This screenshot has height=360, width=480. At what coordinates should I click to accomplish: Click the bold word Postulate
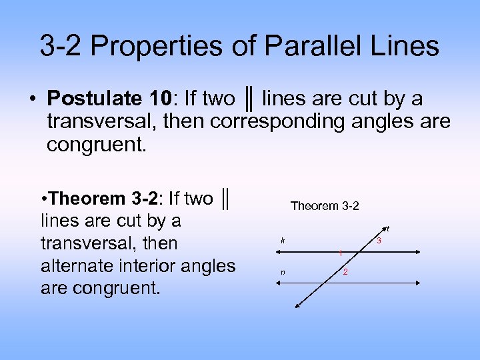pos(93,99)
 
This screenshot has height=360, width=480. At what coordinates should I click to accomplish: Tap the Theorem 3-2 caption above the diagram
pos(325,206)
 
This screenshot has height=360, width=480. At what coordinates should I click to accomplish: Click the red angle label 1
pos(340,253)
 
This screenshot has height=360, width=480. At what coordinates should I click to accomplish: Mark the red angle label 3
pos(379,240)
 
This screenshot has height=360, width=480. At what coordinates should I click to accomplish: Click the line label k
pos(283,240)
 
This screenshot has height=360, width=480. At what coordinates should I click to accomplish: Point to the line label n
pos(283,271)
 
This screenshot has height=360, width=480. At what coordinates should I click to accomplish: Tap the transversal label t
pos(387,229)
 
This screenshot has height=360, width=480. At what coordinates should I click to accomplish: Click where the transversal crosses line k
pos(361,251)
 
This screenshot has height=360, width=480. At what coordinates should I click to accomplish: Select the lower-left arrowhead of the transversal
pos(297,307)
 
